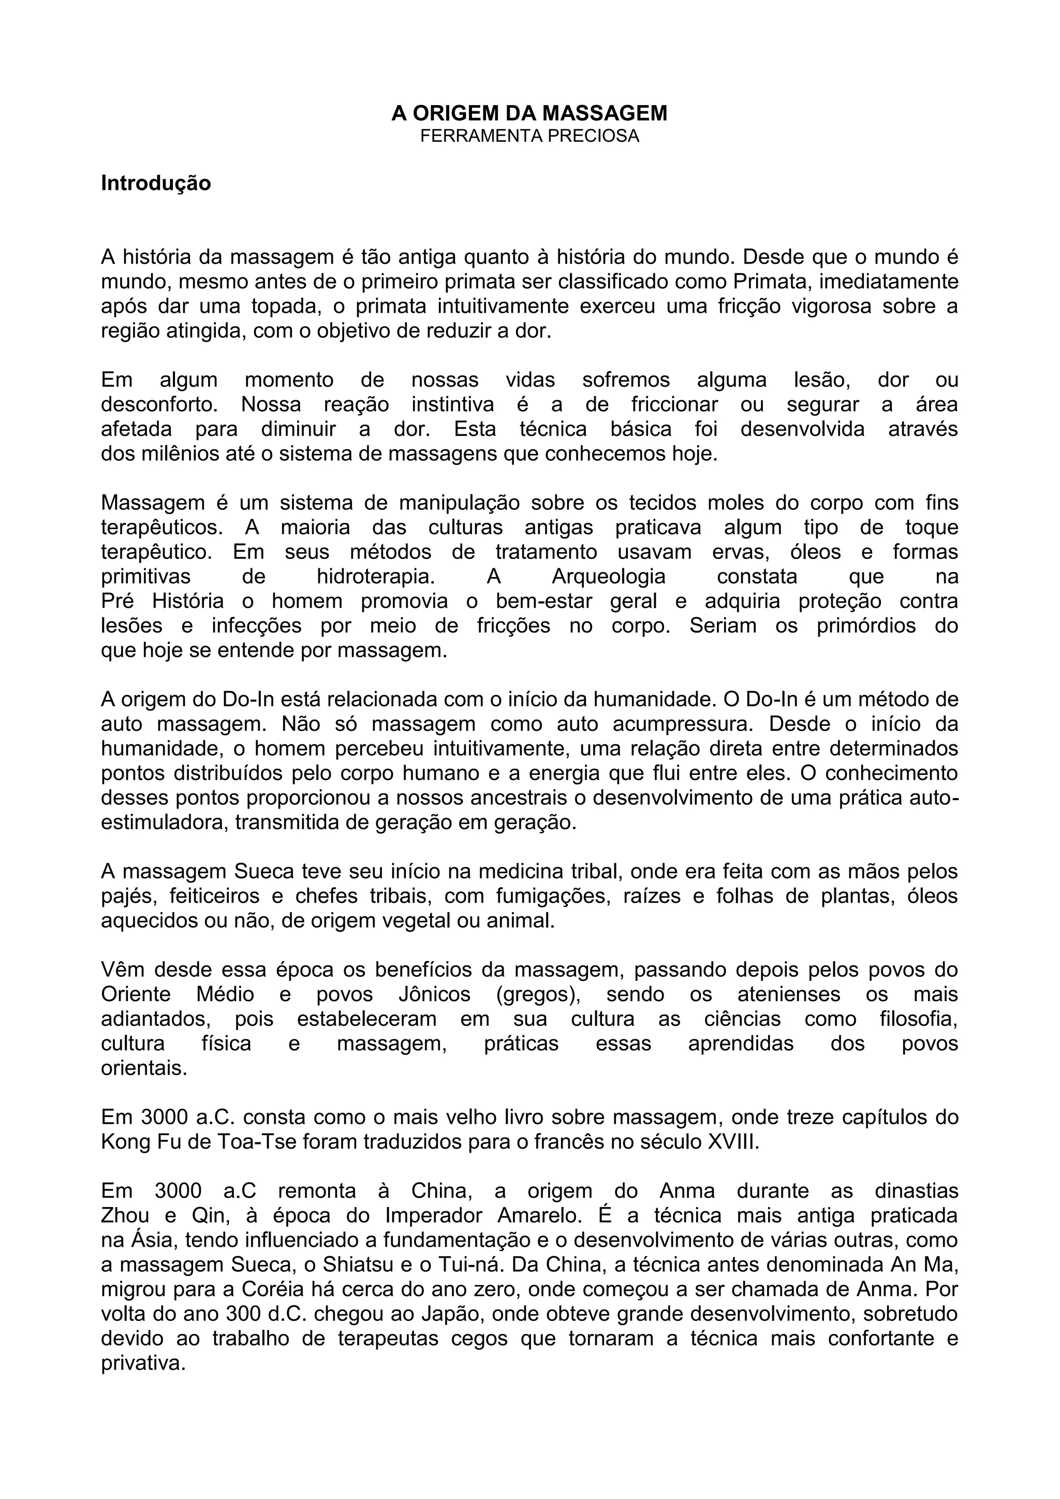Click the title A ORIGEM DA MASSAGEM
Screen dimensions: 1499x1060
pos(529,113)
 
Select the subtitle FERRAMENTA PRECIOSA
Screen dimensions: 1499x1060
pos(529,137)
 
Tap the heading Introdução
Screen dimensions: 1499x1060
pos(156,183)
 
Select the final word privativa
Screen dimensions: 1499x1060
pos(143,1363)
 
